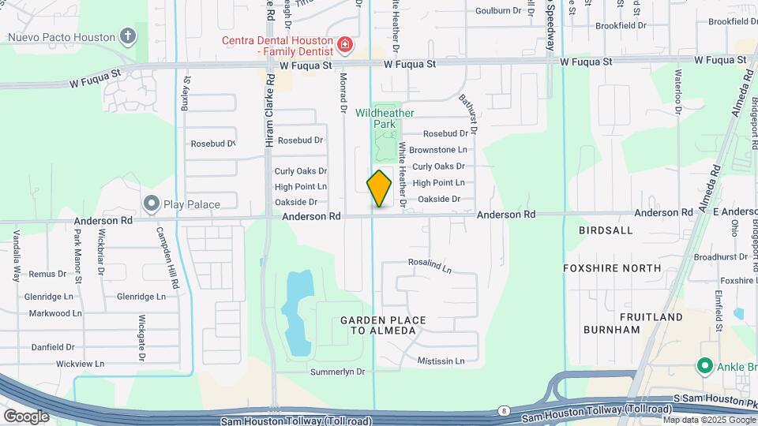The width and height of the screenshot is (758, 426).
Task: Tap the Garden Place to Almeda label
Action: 383,325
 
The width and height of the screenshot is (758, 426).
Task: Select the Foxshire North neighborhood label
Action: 612,268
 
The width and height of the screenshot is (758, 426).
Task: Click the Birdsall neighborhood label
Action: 606,230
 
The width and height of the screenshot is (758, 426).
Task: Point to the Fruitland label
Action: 651,317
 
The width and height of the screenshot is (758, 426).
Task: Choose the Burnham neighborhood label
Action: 612,330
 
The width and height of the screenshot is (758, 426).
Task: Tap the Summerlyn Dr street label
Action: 338,372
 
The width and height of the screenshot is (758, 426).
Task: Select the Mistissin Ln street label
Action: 441,361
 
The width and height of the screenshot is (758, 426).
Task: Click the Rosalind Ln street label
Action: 430,266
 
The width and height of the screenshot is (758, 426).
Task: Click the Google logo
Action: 25,417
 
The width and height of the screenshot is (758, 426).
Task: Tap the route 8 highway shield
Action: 504,411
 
